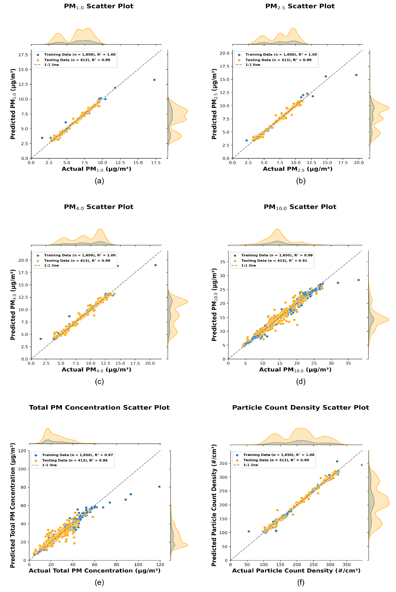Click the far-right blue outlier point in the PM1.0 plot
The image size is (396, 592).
(154, 80)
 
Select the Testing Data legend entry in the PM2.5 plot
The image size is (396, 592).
(278, 60)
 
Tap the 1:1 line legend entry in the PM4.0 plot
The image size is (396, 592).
(51, 265)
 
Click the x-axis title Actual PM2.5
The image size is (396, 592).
(298, 169)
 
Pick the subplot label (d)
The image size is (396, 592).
(301, 381)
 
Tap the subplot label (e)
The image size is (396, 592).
(99, 582)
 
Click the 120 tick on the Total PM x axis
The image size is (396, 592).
(160, 565)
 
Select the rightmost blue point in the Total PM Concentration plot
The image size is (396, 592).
(159, 487)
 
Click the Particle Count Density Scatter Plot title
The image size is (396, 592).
(301, 407)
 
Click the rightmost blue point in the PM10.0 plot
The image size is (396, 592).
(358, 280)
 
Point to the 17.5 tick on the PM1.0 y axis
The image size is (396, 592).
(23, 55)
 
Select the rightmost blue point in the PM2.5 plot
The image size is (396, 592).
(356, 75)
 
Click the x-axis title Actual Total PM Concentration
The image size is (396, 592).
(95, 571)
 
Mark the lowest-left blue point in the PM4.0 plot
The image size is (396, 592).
(41, 339)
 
